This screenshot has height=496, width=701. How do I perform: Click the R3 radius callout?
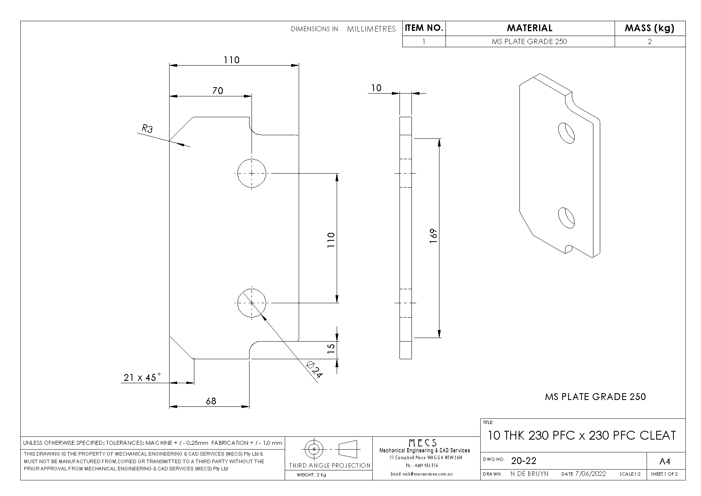147,129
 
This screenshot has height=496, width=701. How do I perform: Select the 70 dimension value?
218,91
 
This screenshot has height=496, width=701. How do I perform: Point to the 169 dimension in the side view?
434,236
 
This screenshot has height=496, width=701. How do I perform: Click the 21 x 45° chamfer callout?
142,377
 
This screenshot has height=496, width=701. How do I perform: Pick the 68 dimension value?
211,401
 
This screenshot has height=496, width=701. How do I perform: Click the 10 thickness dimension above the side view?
376,88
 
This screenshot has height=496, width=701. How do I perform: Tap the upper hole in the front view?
252,173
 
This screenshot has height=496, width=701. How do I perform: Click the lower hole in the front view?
252,303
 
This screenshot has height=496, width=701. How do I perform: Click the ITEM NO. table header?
424,28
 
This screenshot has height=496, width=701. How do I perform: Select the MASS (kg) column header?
649,28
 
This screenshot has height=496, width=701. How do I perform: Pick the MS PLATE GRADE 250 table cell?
529,41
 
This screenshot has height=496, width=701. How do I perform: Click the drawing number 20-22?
523,461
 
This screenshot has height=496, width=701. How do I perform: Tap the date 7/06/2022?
590,474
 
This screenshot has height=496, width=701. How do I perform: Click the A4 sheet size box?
665,462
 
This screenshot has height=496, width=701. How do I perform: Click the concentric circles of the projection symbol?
314,449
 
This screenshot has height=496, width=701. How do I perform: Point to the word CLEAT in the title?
657,435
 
